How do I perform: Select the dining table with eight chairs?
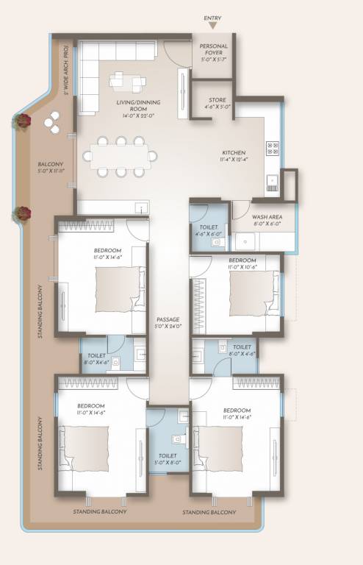tap(120, 155)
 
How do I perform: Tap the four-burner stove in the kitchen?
tap(273, 147)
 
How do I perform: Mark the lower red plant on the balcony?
tap(23, 213)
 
